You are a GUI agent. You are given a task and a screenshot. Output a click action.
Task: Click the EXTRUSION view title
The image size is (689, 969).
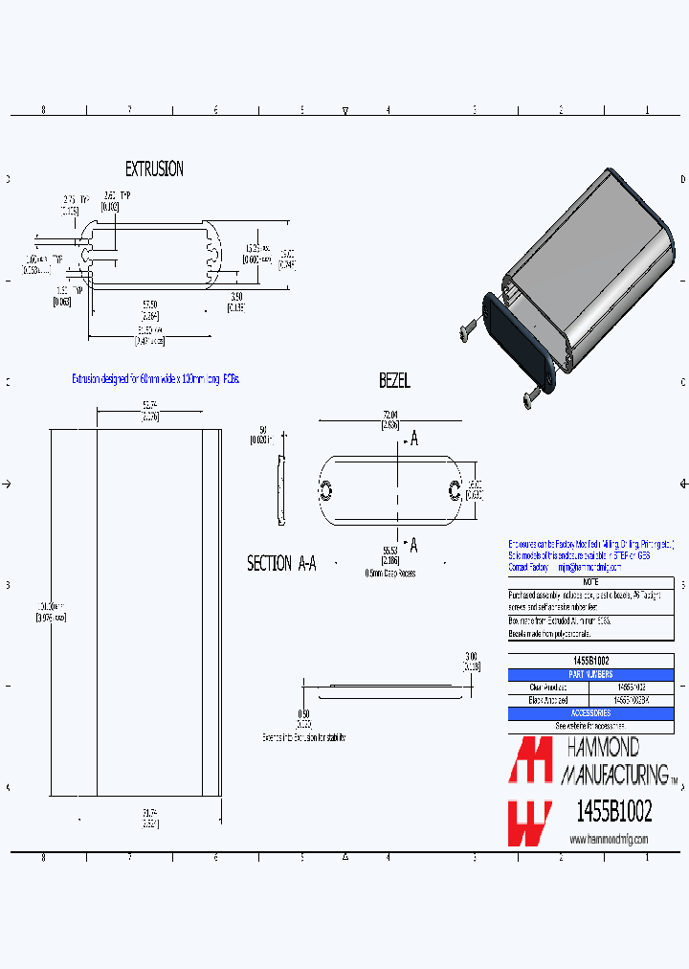pos(154,169)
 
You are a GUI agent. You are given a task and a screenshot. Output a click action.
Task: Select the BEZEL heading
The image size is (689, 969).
pos(394,381)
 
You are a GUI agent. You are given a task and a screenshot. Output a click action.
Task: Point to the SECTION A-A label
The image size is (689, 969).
pos(281,564)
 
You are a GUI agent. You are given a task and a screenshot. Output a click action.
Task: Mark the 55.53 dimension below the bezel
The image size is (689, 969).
pos(389,551)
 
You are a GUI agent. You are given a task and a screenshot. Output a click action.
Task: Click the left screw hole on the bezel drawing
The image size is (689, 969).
pos(325,491)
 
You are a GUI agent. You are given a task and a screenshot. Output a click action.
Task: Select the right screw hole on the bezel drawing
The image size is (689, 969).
pos(455,491)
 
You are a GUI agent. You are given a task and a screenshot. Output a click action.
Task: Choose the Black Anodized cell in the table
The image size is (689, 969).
pos(548,700)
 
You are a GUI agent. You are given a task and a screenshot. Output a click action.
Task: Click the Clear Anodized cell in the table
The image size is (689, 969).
pos(548,687)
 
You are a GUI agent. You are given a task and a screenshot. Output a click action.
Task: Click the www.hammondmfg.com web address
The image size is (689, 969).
pos(609,839)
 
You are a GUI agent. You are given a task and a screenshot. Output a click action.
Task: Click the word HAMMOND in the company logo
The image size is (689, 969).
pos(603,748)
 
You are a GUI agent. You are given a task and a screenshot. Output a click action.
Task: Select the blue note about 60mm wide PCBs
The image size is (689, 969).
pos(156,379)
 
